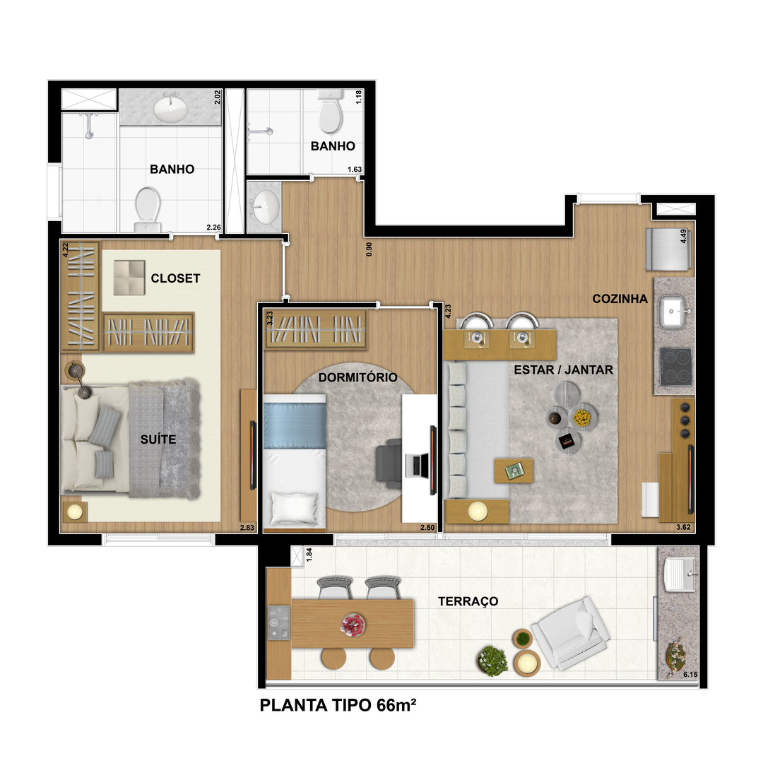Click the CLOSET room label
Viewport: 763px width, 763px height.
(x=175, y=278)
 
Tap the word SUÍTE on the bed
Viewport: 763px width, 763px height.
(x=158, y=439)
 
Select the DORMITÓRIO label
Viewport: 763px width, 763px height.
(x=357, y=377)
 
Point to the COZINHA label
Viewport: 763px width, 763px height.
(x=620, y=299)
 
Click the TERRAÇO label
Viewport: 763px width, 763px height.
(x=468, y=601)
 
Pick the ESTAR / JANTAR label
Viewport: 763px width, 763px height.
(x=564, y=369)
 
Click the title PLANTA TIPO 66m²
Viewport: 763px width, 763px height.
(x=338, y=705)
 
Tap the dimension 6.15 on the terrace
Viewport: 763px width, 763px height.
(x=690, y=675)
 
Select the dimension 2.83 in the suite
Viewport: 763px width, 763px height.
(x=247, y=528)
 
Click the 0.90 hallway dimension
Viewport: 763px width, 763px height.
(x=369, y=249)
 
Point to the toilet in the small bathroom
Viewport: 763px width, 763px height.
(x=330, y=112)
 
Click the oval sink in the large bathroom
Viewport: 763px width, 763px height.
(x=170, y=109)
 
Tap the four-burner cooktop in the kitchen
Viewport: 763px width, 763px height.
(x=675, y=366)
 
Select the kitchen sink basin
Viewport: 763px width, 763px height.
(x=673, y=312)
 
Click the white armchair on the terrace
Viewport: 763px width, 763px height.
(x=571, y=632)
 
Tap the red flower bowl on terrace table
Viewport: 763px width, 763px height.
(x=353, y=625)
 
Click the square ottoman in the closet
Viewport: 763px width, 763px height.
(x=129, y=278)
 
